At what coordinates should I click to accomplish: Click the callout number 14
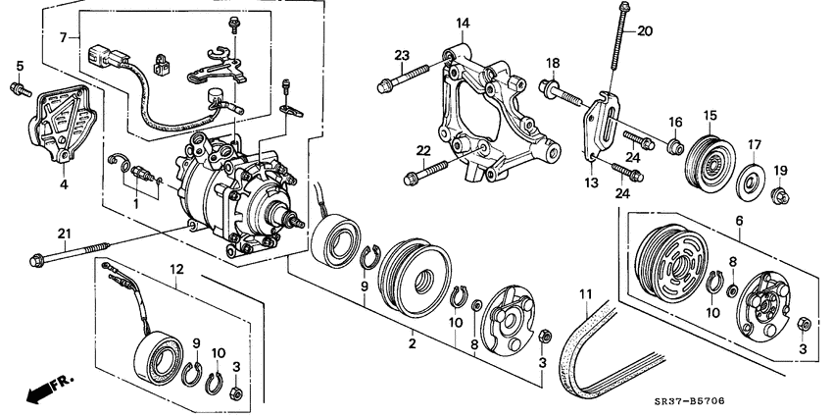pos(463,22)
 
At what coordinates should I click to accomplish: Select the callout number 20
pos(644,30)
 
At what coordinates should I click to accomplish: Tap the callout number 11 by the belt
pos(586,294)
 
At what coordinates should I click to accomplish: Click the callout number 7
pos(65,38)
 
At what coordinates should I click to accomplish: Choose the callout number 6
pos(739,223)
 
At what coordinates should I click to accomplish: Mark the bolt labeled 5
pos(19,90)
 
